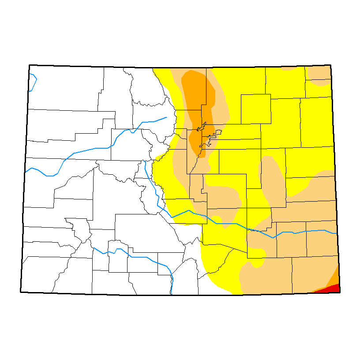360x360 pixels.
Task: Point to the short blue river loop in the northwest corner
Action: [33, 82]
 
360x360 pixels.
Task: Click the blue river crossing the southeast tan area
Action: [300, 232]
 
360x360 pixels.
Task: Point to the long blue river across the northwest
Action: [88, 150]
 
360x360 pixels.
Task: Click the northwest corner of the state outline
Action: [30, 65]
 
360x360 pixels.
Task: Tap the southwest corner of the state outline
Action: [21, 292]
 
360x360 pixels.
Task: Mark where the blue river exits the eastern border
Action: [337, 233]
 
